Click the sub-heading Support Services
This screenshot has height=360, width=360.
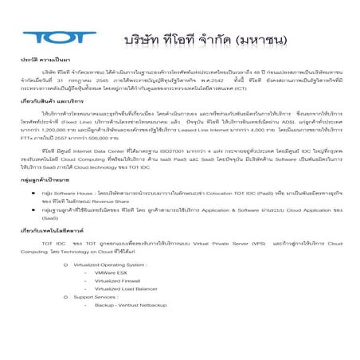click(x=95, y=296)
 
